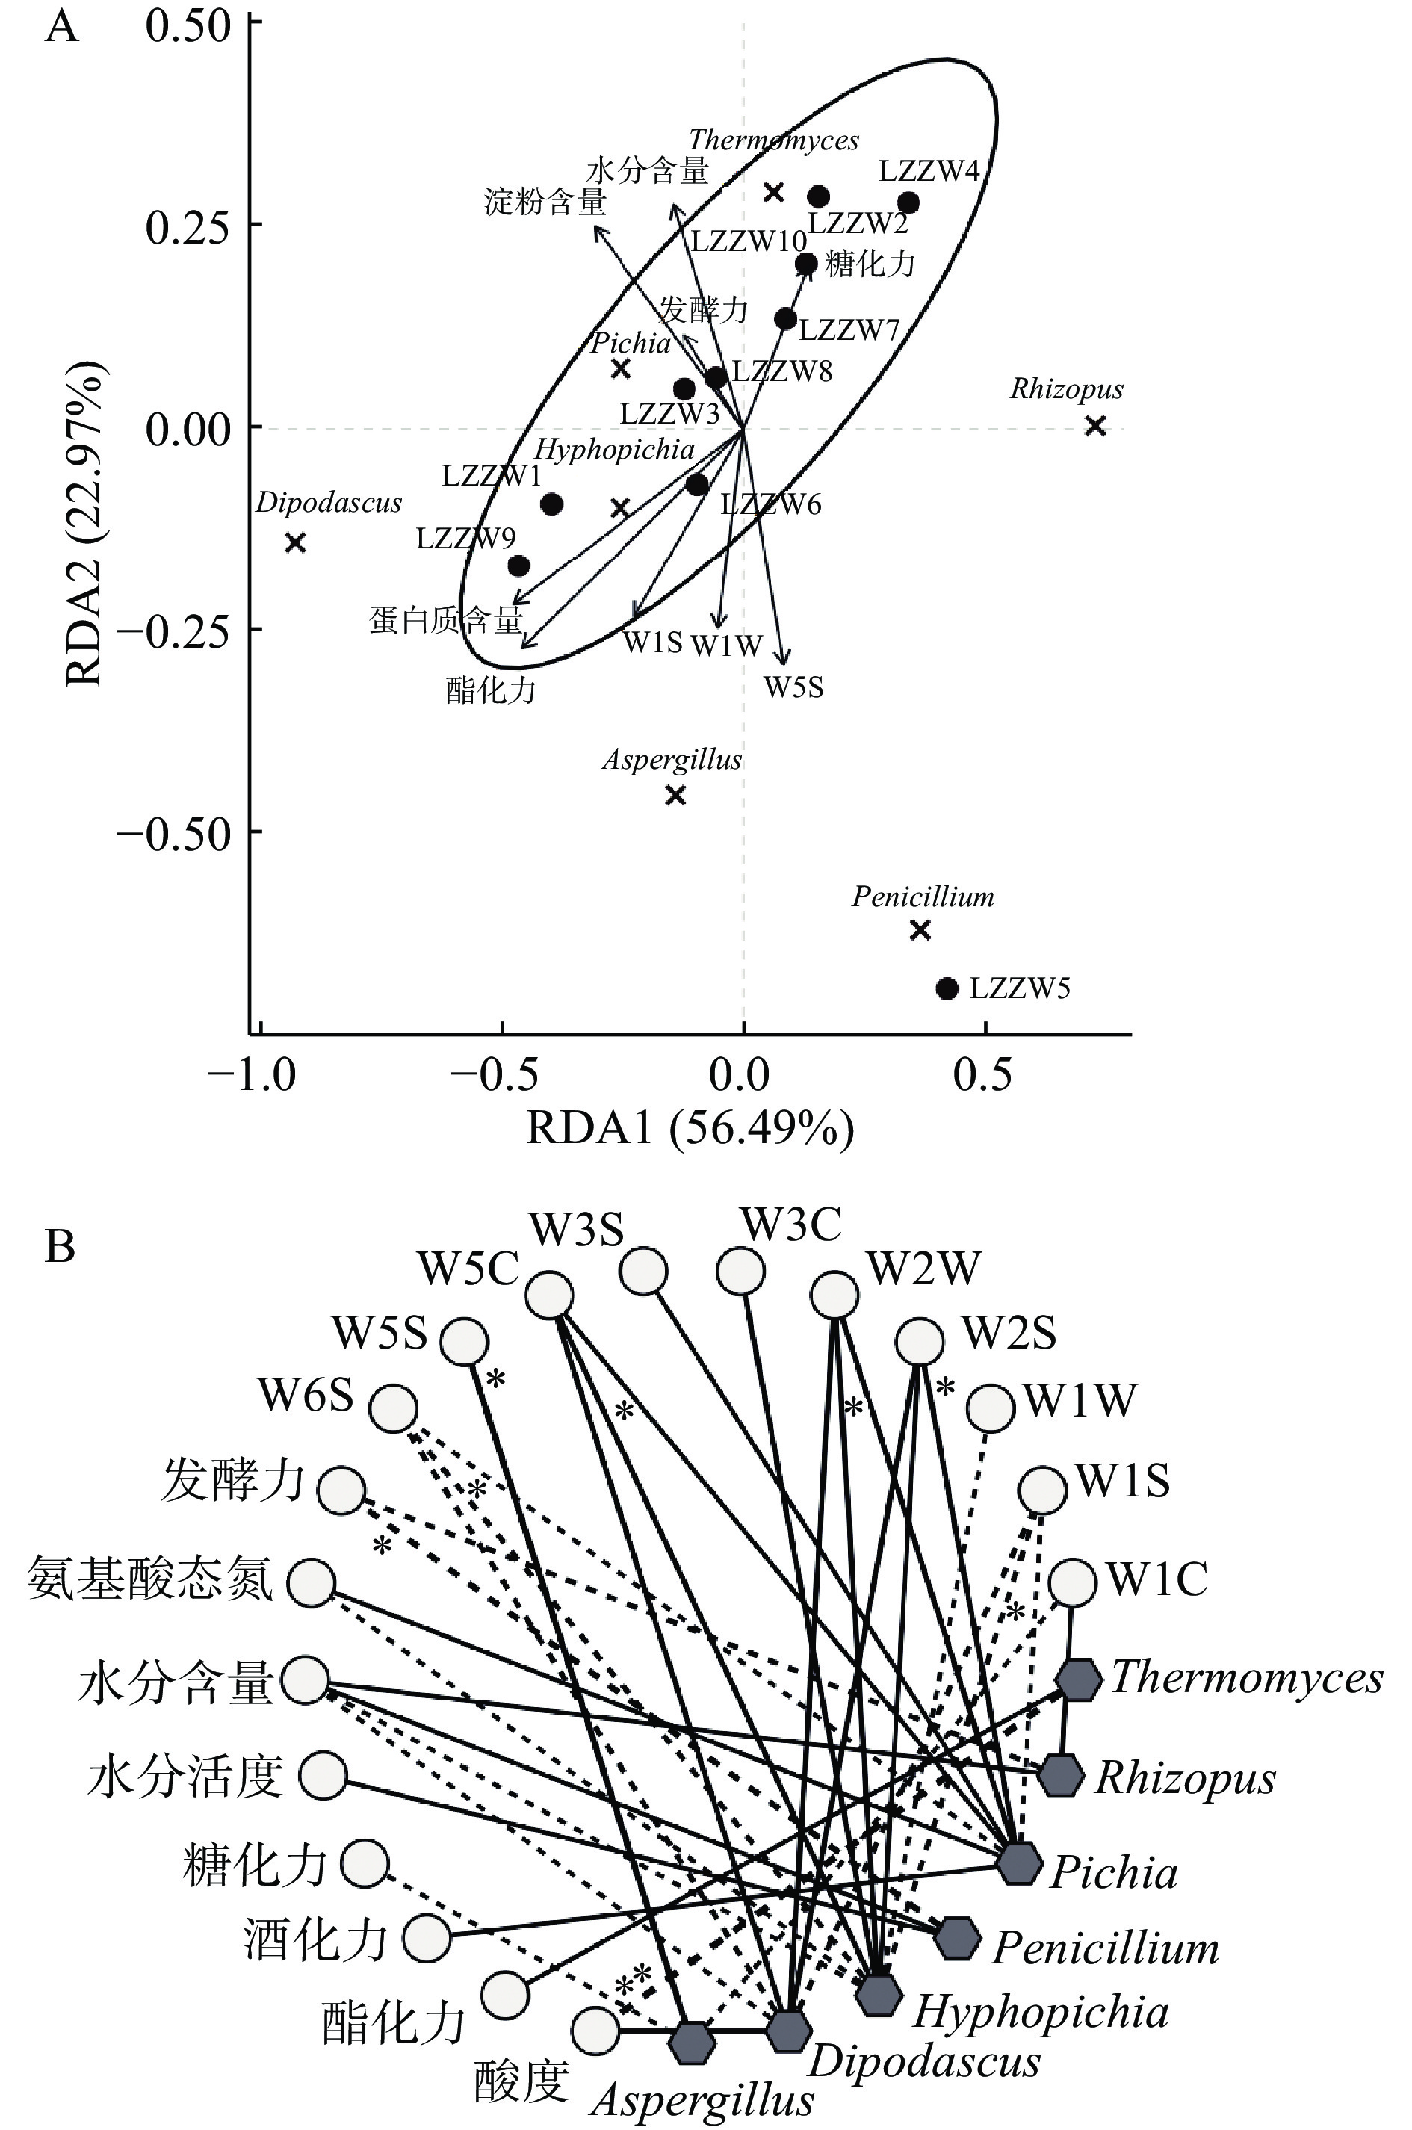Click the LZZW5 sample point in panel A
click(947, 988)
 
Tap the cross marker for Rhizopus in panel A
click(1095, 426)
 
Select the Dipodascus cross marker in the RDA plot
click(295, 543)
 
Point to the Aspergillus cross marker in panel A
click(675, 795)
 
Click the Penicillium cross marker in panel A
click(920, 930)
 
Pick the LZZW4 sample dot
click(908, 202)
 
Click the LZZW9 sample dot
click(518, 566)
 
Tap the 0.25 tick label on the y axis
click(187, 225)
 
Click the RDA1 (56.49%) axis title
click(690, 1128)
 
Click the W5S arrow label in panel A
click(794, 688)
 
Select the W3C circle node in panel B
click(741, 1271)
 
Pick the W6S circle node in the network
click(394, 1409)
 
